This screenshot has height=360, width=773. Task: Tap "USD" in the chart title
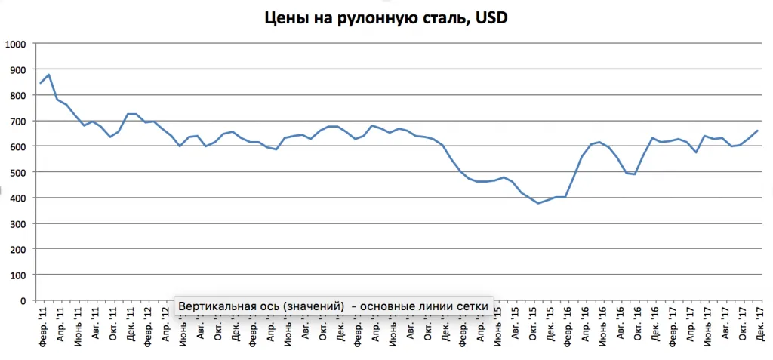point(492,17)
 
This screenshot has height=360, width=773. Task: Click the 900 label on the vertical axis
point(17,69)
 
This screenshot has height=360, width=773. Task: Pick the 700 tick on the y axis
point(17,121)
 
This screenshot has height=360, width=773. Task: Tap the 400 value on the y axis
point(17,198)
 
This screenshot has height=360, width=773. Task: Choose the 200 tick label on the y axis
point(17,249)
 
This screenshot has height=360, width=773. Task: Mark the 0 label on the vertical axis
point(23,300)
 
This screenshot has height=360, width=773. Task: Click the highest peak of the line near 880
point(49,75)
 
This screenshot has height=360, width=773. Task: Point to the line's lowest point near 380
point(538,203)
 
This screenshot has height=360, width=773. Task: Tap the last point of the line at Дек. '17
point(758,131)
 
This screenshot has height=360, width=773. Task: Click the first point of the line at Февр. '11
point(41,83)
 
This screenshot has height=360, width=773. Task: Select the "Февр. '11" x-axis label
point(42,325)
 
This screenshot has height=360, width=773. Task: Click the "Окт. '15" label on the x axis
point(533,324)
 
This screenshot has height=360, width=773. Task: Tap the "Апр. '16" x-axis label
point(586,324)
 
